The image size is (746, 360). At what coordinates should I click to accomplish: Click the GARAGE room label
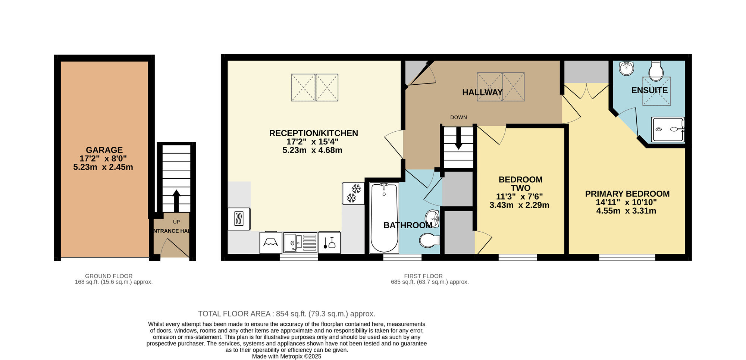[104, 150]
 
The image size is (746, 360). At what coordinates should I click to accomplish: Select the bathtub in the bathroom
[384, 218]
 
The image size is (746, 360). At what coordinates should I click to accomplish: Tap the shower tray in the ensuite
[668, 129]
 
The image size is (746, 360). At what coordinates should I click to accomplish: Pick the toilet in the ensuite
[656, 71]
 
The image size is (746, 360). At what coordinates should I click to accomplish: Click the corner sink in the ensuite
[627, 68]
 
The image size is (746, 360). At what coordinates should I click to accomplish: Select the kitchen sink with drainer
[300, 242]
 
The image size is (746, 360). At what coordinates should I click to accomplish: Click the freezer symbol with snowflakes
[353, 193]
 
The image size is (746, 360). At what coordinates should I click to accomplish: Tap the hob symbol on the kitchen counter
[239, 219]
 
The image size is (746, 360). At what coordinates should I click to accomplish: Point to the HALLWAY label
[482, 93]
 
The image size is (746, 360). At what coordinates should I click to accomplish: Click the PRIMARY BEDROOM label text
[627, 194]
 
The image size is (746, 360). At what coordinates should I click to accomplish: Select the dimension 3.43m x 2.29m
[519, 205]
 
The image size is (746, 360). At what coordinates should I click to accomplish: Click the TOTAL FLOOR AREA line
[286, 314]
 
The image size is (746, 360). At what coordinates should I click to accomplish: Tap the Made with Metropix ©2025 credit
[286, 356]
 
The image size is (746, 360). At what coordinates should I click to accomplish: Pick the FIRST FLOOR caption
[423, 276]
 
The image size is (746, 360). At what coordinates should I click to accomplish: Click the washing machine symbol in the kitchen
[271, 243]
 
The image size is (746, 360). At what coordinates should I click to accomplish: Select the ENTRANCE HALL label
[172, 231]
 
